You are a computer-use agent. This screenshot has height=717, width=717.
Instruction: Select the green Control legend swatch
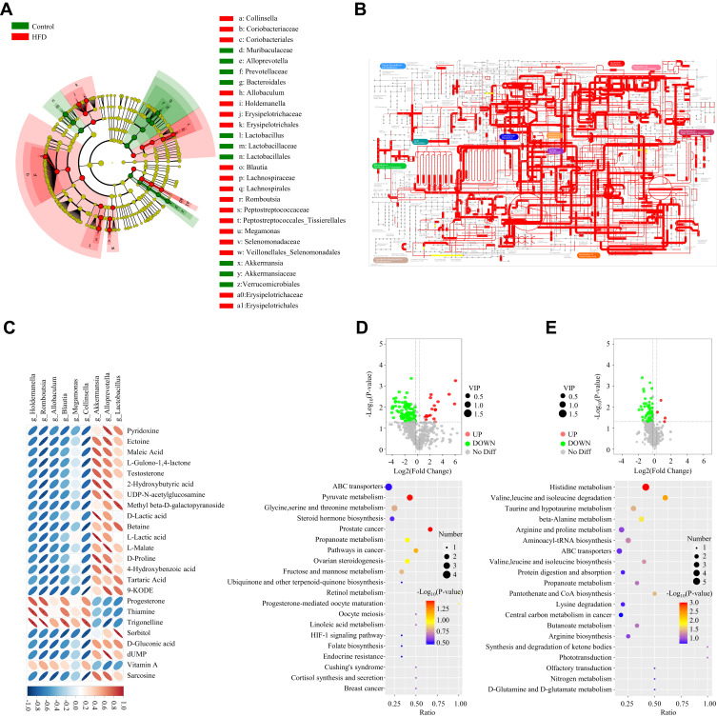pos(21,26)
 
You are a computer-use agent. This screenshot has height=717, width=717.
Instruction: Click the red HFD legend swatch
pos(21,38)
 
